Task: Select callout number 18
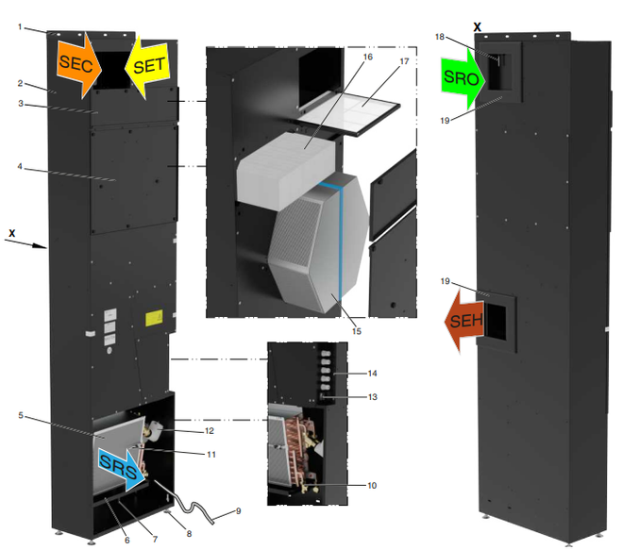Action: point(466,37)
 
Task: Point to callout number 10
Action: point(372,486)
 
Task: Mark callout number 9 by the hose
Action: point(239,511)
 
